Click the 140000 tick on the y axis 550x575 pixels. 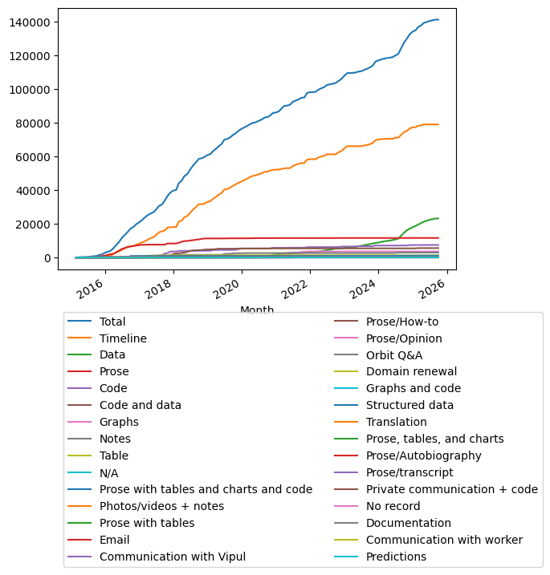tap(31, 22)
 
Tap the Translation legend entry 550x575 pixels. tap(397, 422)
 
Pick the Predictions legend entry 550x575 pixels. tap(397, 557)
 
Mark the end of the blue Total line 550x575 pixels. tap(438, 19)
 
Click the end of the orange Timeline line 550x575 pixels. tap(438, 124)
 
